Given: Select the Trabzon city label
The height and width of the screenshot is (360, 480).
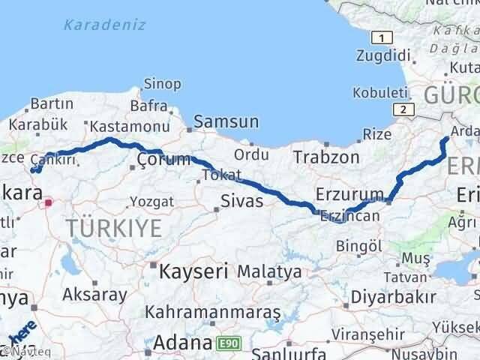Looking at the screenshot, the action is (x=325, y=157).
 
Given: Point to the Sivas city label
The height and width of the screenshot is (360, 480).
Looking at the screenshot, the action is (x=241, y=201).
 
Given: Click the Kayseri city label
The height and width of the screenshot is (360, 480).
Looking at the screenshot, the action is (x=190, y=270).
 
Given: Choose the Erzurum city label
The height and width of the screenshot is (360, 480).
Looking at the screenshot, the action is (x=350, y=194).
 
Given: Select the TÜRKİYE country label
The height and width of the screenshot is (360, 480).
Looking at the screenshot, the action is (x=112, y=227).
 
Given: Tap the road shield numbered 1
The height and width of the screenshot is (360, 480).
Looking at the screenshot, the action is (x=383, y=38).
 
